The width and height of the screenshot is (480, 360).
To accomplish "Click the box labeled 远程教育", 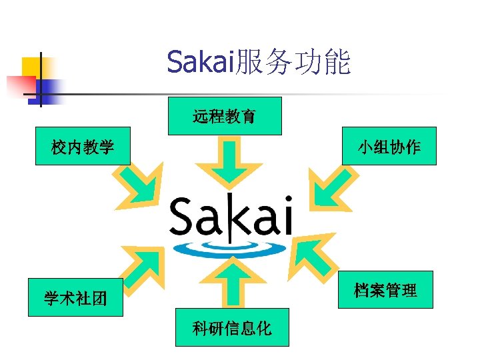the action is pyautogui.click(x=224, y=117).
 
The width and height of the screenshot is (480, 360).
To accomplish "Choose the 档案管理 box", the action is pyautogui.click(x=385, y=290).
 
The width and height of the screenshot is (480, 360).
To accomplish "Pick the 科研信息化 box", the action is pyautogui.click(x=231, y=327).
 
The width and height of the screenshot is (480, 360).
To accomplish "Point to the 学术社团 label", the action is pyautogui.click(x=75, y=298).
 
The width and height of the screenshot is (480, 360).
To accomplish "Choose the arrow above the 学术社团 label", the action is pyautogui.click(x=141, y=265).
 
